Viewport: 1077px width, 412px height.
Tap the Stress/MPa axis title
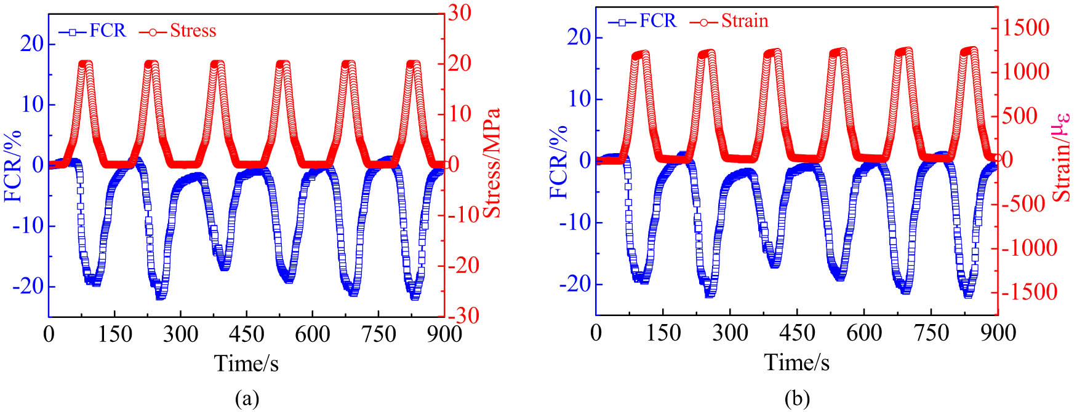coord(492,163)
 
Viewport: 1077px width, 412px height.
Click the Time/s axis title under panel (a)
coord(246,363)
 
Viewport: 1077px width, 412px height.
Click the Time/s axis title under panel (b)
coord(796,362)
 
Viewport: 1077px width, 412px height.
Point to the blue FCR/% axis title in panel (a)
coord(14,166)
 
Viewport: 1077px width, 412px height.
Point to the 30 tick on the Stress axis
coord(458,13)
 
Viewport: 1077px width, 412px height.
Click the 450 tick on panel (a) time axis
coord(246,335)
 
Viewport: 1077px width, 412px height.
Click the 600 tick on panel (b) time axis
coord(864,333)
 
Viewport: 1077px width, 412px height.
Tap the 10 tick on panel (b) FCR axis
coord(580,99)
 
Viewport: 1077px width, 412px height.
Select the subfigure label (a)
coord(247,399)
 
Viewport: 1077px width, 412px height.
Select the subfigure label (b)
coord(797,399)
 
